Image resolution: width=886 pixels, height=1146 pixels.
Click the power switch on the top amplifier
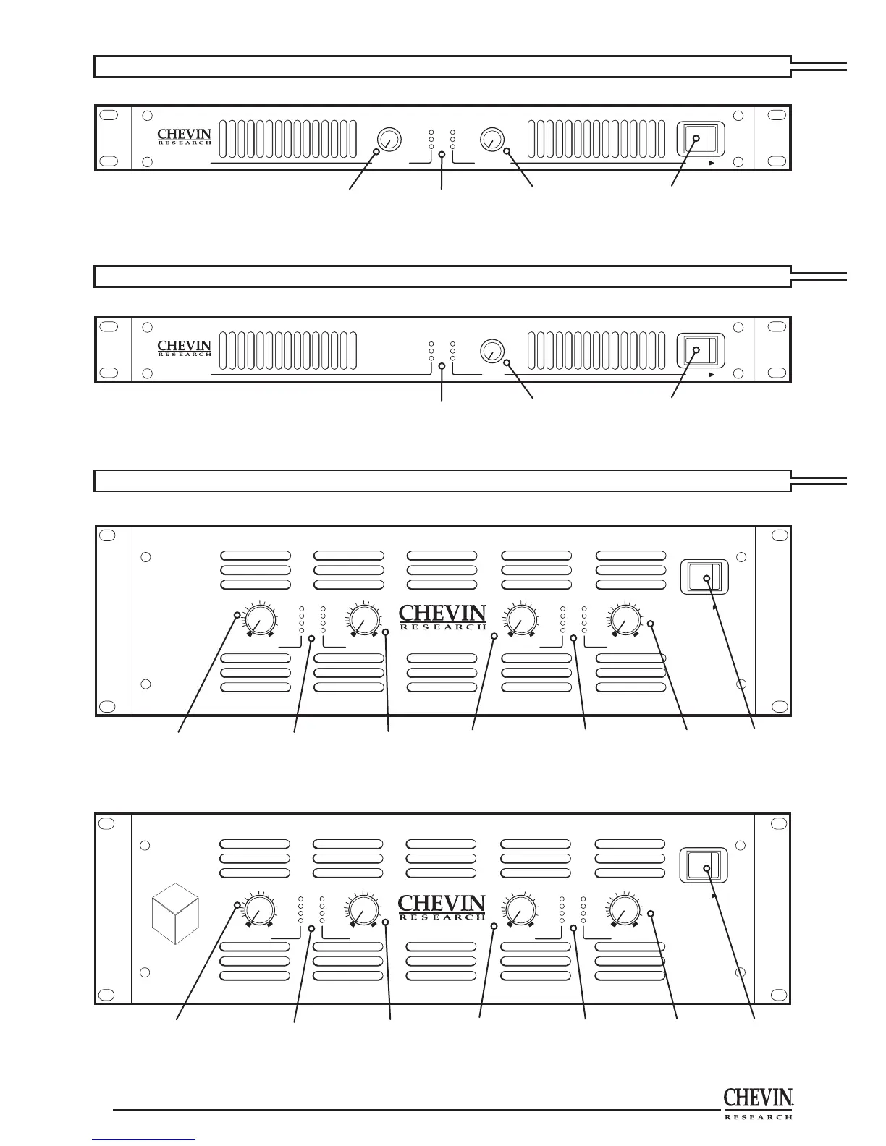(699, 138)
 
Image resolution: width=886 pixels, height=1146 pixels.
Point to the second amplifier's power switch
(699, 350)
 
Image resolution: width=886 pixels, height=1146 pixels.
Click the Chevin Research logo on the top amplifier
(185, 137)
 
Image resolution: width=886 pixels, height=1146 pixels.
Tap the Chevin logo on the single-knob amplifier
(185, 349)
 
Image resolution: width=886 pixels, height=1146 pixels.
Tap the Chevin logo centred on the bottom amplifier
(442, 907)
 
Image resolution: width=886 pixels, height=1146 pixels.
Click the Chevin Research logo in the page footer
(759, 1104)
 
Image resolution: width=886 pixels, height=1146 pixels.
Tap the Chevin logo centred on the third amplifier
(442, 618)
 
